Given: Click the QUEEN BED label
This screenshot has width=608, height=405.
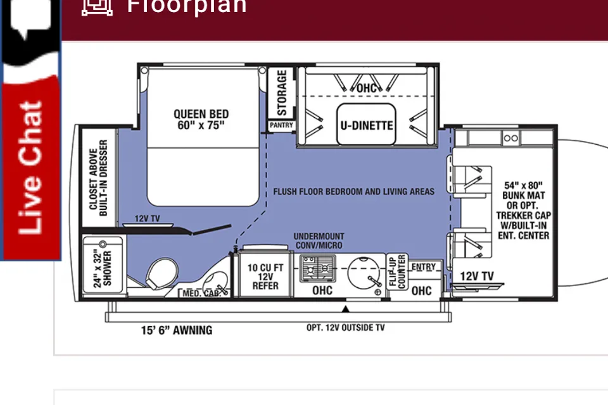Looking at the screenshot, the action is [201, 120].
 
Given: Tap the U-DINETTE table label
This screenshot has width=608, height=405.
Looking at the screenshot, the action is [367, 125].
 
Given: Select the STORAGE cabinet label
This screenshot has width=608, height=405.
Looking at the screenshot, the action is [282, 92].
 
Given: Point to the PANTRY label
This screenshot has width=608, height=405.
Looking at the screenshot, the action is [281, 125].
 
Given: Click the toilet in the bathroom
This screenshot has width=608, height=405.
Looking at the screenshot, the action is [161, 273].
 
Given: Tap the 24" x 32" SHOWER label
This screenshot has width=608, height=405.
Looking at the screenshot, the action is [103, 269].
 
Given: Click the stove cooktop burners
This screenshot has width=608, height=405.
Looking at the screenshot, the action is [318, 268].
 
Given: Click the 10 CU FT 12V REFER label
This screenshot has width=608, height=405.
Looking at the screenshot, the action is [265, 277].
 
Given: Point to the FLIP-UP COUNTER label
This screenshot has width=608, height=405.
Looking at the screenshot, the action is [397, 271].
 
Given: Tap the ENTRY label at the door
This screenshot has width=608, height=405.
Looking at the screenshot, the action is [424, 267].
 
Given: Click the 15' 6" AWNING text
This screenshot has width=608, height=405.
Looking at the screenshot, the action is [177, 330].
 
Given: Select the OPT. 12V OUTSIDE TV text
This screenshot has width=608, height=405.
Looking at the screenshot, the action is [346, 328].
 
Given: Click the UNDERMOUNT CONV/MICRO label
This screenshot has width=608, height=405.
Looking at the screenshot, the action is [319, 240].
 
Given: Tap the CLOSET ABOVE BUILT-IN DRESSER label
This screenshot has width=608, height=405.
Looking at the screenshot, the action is [98, 178].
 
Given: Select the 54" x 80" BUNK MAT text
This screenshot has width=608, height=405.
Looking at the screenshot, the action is [524, 190].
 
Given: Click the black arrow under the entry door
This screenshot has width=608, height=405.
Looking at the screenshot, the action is [346, 309].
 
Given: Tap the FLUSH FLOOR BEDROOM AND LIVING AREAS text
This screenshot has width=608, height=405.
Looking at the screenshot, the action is [353, 192].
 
